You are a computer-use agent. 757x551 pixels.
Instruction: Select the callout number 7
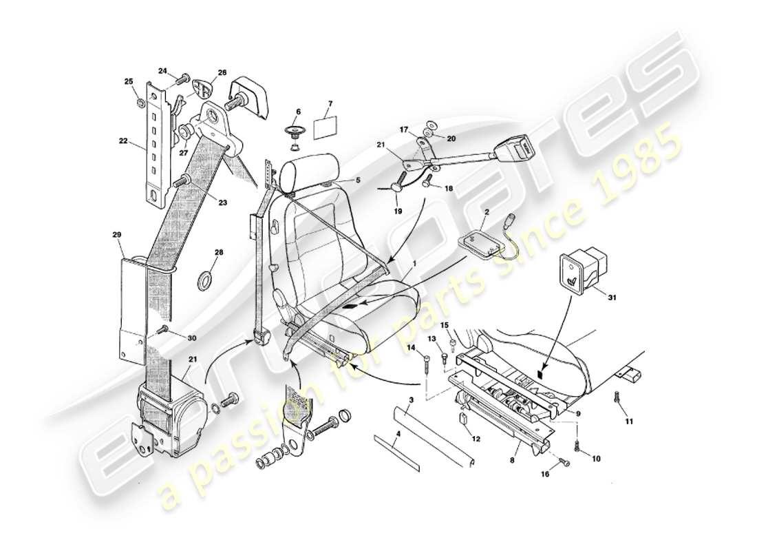(x=330, y=104)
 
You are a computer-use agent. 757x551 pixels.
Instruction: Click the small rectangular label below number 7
(x=325, y=129)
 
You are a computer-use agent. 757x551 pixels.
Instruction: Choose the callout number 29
(x=116, y=235)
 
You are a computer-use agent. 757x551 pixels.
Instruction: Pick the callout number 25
(x=128, y=81)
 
